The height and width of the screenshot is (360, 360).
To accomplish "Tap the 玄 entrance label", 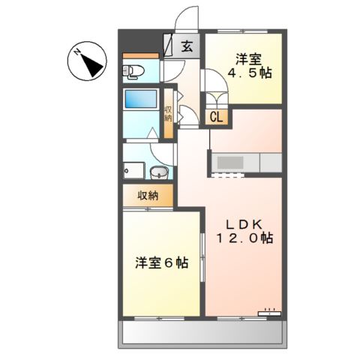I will [x=187, y=46].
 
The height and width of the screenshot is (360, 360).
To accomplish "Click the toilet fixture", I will [x=133, y=72].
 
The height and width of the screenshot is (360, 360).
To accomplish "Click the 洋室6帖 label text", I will [x=161, y=263].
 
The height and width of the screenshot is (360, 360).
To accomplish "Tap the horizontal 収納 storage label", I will [x=148, y=196].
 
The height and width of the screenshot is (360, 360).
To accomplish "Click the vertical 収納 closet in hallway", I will [x=169, y=112].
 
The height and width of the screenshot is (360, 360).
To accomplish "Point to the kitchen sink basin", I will [x=229, y=162].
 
